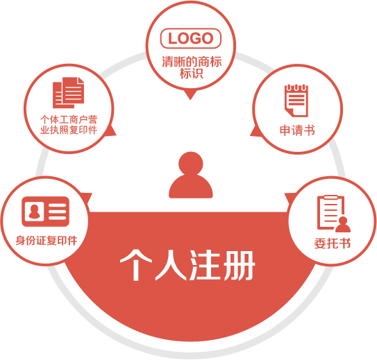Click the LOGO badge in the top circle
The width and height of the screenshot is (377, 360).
point(191,38)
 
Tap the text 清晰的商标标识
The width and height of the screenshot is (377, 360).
point(192,67)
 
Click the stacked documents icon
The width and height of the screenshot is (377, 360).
point(69,92)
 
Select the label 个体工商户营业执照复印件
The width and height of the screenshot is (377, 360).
point(69,125)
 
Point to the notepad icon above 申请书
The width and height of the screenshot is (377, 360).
point(296,101)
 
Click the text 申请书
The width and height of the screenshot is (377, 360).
point(297,130)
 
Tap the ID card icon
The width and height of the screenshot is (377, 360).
point(45,212)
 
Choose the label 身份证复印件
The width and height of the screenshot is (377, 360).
point(47,241)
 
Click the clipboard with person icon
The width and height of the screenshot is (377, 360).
point(334,214)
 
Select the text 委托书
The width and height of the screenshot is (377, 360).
point(333,243)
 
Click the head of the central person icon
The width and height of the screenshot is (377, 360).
point(191,164)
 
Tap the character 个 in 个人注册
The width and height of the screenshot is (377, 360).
point(136,265)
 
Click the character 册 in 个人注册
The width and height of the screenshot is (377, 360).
point(239,265)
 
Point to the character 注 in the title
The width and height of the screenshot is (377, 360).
point(204,265)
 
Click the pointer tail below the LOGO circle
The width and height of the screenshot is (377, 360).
point(190,95)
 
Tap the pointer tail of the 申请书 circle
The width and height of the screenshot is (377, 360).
point(256,131)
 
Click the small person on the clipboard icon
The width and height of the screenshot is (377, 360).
point(343,225)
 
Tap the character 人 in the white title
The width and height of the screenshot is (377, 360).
point(171,265)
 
